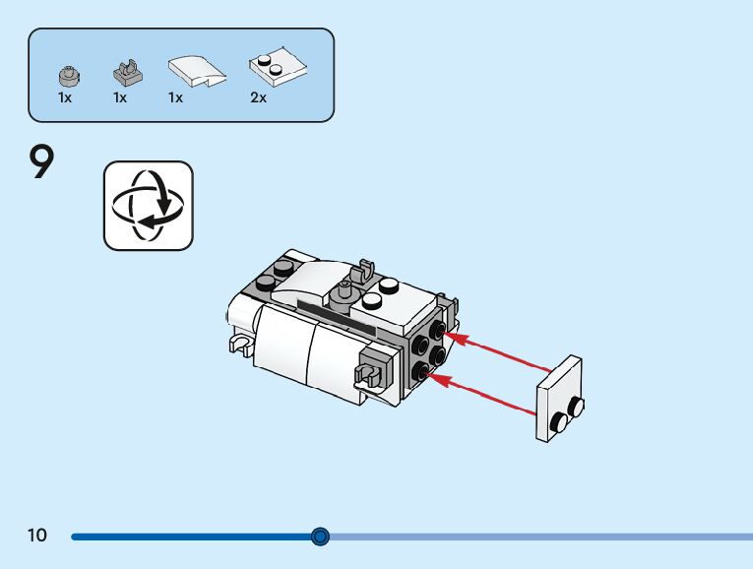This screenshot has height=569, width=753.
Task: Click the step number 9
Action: pyautogui.click(x=41, y=163)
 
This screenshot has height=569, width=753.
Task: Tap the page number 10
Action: pyautogui.click(x=37, y=536)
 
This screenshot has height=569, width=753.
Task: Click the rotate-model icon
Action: pyautogui.click(x=149, y=205)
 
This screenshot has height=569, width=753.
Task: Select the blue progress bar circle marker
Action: pyautogui.click(x=320, y=537)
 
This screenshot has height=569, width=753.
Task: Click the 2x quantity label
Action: pyautogui.click(x=259, y=98)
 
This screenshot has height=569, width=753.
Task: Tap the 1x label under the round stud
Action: pyautogui.click(x=64, y=98)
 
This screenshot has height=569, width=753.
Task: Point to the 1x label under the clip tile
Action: pyautogui.click(x=120, y=98)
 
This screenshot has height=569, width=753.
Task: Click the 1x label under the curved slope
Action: pyautogui.click(x=175, y=98)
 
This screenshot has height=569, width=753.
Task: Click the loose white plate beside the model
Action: pyautogui.click(x=559, y=396)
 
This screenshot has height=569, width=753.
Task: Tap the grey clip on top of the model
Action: pyautogui.click(x=367, y=269)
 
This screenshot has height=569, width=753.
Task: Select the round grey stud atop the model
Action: pyautogui.click(x=345, y=290)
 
